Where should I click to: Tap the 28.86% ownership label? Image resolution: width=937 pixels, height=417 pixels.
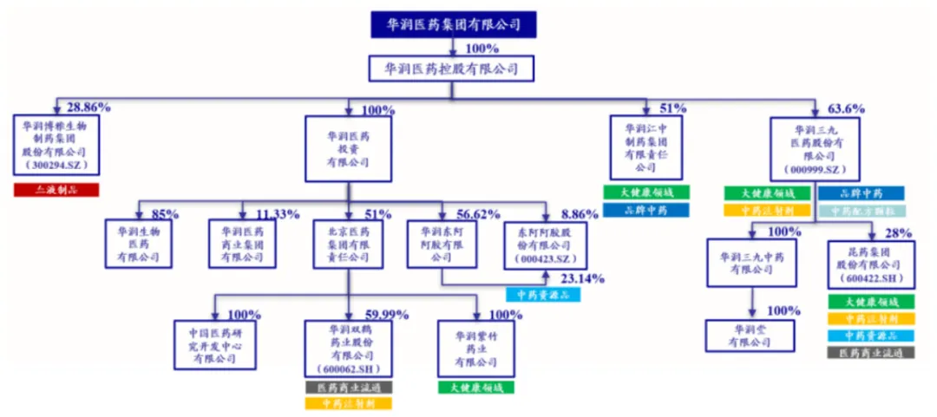pyautogui.click(x=88, y=108)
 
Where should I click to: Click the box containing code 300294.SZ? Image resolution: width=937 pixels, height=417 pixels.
pyautogui.click(x=58, y=147)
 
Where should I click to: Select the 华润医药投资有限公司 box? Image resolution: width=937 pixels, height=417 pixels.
pyautogui.click(x=348, y=147)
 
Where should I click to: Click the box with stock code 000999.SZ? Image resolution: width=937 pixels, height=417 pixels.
pyautogui.click(x=814, y=147)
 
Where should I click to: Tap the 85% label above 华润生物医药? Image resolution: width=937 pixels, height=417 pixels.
pyautogui.click(x=165, y=213)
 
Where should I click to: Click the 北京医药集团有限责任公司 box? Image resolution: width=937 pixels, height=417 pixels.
pyautogui.click(x=348, y=244)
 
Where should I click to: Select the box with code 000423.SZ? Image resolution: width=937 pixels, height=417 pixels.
pyautogui.click(x=546, y=244)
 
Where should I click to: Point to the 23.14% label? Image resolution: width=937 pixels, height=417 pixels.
pyautogui.click(x=582, y=279)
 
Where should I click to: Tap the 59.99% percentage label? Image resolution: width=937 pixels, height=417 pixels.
pyautogui.click(x=386, y=314)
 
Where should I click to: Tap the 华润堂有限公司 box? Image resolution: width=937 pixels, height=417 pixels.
pyautogui.click(x=750, y=336)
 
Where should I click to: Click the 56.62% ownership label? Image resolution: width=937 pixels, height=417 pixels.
pyautogui.click(x=474, y=213)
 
